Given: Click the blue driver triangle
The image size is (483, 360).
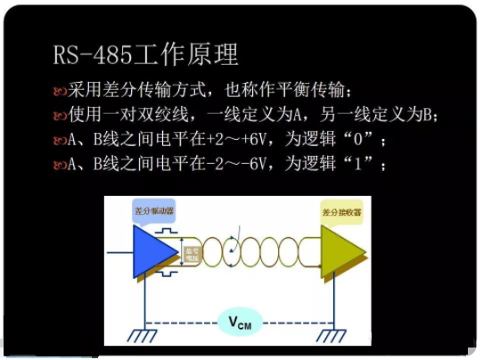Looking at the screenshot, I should [153, 251].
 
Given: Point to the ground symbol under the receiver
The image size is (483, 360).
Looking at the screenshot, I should [332, 335].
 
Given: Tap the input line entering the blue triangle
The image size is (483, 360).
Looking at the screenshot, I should [119, 252].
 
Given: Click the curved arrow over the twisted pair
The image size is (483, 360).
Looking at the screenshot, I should [233, 253].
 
